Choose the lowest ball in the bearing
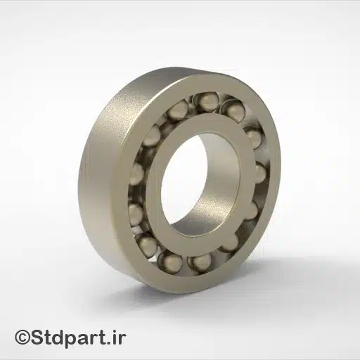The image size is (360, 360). click(200, 262)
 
